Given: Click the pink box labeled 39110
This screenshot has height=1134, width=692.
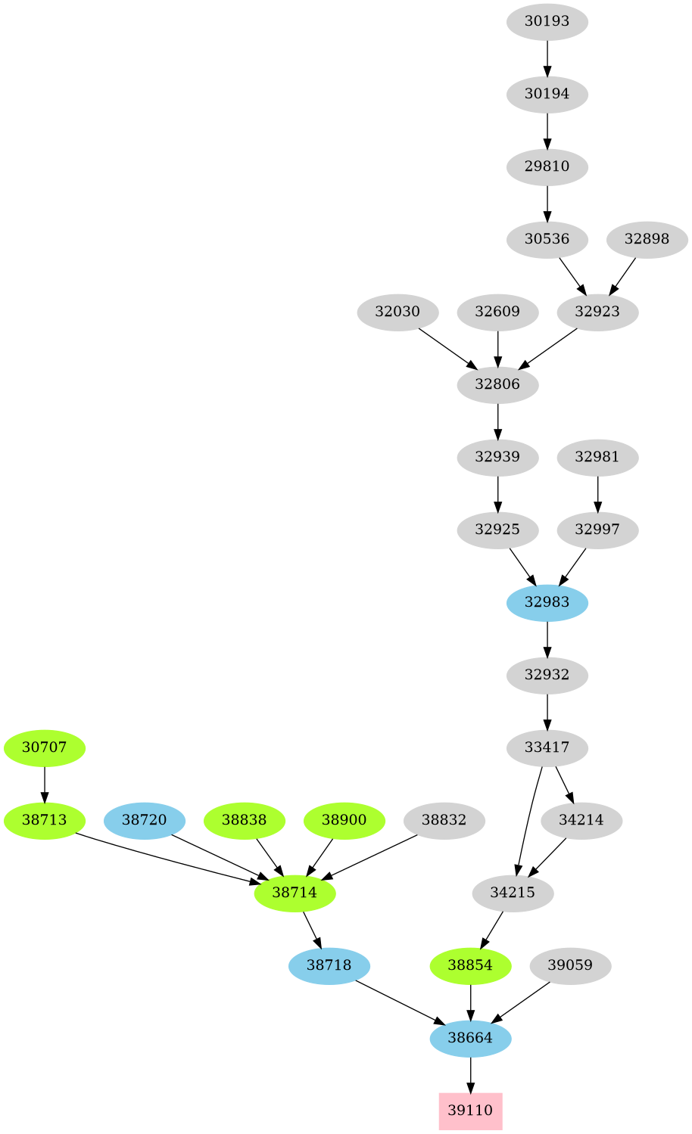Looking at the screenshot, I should (470, 1111).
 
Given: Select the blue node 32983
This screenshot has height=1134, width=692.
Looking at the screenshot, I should (547, 602).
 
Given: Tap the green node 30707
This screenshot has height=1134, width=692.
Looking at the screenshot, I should (45, 747).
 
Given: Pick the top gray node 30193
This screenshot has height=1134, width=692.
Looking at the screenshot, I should (547, 21).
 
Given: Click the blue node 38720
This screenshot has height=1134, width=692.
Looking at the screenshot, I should (144, 820).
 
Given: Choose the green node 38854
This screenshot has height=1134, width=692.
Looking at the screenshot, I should (470, 965).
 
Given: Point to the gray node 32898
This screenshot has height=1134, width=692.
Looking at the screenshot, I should (647, 239).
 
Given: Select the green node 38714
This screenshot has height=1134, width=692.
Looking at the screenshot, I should (295, 893).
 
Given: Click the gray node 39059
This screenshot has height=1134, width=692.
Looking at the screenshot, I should (570, 965).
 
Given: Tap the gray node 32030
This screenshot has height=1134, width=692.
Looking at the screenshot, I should (397, 312).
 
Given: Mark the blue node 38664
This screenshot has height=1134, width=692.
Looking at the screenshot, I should (470, 1038).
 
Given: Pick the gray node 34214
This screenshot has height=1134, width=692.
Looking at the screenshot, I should (581, 820).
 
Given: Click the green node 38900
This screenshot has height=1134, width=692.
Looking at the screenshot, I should (344, 820).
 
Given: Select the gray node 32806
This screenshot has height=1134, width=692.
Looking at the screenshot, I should (497, 384).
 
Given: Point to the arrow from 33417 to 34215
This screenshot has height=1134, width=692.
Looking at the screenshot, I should (527, 821).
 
